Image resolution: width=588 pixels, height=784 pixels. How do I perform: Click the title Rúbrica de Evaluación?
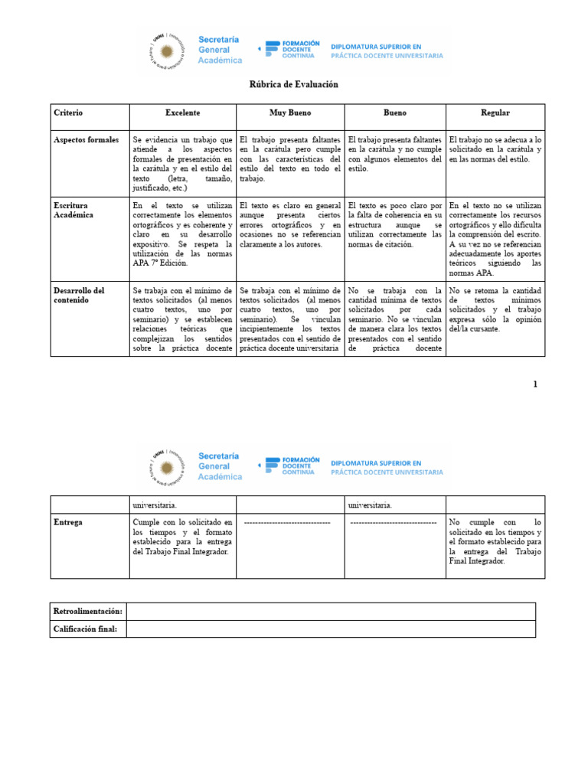point(294,84)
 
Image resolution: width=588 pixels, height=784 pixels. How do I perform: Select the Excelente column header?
point(182,113)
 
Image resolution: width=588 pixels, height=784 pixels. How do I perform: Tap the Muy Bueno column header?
point(290,113)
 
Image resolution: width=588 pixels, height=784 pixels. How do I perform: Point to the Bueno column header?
point(395,113)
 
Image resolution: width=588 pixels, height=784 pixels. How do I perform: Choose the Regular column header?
point(495,113)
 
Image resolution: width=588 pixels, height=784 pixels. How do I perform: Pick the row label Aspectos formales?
point(87,140)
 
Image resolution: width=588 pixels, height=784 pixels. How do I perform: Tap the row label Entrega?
point(67,522)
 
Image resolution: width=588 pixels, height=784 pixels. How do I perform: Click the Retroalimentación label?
point(88,611)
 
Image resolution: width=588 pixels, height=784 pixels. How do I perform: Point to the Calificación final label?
point(85,629)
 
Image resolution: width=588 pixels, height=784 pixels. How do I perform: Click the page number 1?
point(536,384)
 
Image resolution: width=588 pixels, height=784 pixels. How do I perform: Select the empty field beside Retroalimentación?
point(331,611)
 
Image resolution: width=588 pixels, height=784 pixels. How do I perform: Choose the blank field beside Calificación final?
point(331,629)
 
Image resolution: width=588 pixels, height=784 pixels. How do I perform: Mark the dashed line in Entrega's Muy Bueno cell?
point(287,522)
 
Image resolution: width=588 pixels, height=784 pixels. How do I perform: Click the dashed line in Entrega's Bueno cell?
point(393,522)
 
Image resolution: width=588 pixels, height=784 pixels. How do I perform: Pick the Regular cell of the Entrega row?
point(495,541)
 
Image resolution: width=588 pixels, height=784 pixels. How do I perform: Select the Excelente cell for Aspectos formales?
point(182,164)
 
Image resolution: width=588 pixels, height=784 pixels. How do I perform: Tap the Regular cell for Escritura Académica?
point(495,239)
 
